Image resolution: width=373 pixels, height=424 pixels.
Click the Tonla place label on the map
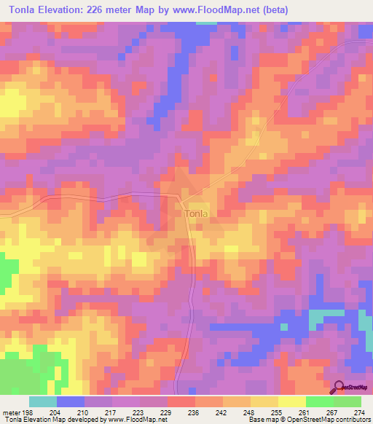click(195, 213)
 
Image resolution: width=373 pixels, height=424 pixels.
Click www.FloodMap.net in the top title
click(223, 10)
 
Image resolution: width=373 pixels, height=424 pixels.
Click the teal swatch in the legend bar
click(43, 401)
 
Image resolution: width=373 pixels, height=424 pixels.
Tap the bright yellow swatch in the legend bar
click(292, 401)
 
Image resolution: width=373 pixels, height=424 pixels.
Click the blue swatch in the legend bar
click(71, 401)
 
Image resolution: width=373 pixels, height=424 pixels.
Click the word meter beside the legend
click(11, 412)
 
